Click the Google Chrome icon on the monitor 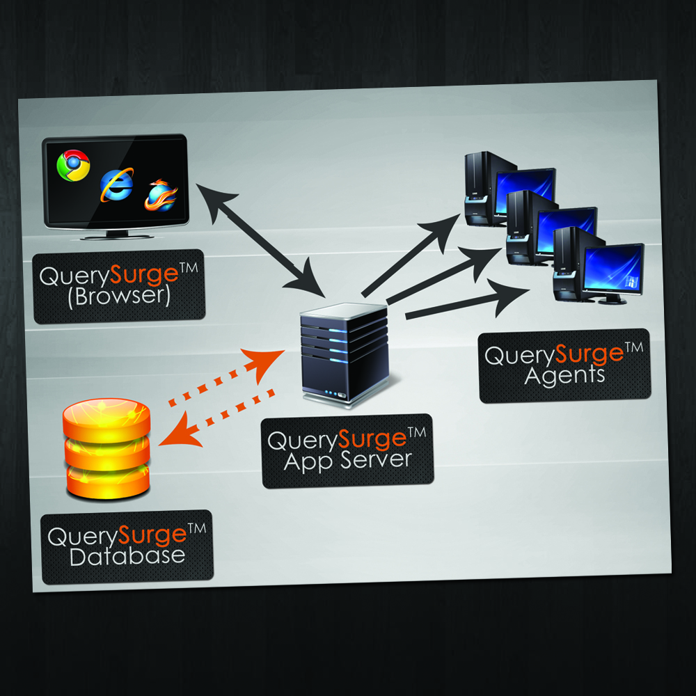(x=73, y=166)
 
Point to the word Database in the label (x=128, y=556)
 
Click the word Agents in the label (x=564, y=376)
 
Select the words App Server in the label (x=347, y=460)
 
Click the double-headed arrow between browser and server (x=260, y=237)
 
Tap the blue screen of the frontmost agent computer (x=613, y=269)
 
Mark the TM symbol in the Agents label (x=635, y=348)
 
